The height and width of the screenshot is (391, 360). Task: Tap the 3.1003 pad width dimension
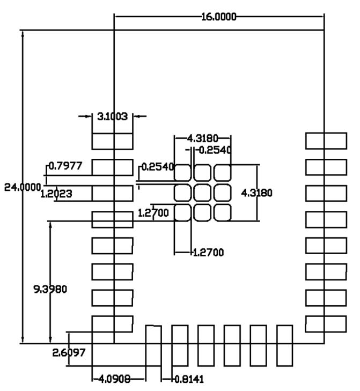pyautogui.click(x=112, y=115)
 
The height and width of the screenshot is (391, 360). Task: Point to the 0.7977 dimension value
pyautogui.click(x=65, y=166)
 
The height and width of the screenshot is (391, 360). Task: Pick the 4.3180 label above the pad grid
pyautogui.click(x=203, y=138)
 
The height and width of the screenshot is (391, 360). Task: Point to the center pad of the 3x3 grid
pyautogui.click(x=202, y=193)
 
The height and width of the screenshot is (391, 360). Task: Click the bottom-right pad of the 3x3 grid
pyautogui.click(x=222, y=213)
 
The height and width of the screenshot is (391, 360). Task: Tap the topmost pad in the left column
pyautogui.click(x=112, y=141)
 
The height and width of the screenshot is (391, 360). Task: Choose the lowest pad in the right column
pyautogui.click(x=326, y=324)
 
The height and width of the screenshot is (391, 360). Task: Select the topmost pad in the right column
pyautogui.click(x=326, y=141)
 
